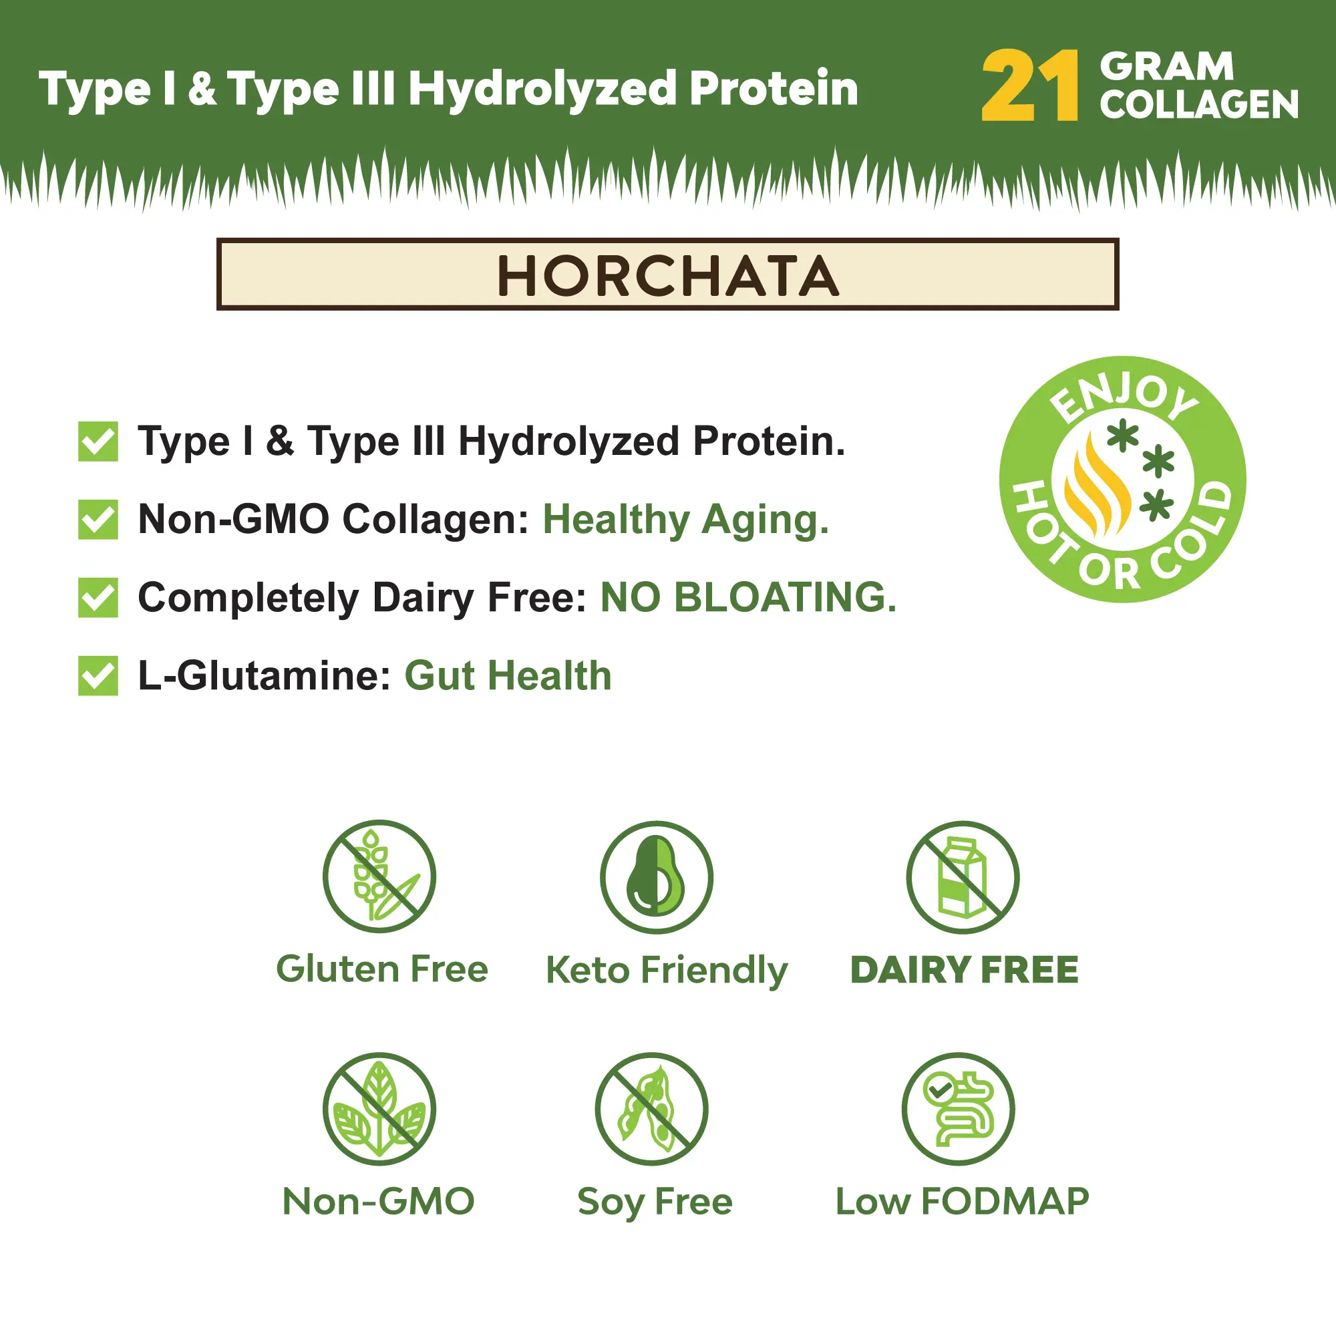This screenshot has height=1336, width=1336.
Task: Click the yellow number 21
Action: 1029,86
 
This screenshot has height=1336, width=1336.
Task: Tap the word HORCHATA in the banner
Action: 668,276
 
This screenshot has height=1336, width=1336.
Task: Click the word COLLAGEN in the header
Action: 1199,104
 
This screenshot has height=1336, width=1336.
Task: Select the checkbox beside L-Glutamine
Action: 98,675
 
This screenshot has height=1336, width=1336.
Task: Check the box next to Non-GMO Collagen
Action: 98,519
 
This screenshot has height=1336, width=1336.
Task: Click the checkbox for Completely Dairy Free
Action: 98,597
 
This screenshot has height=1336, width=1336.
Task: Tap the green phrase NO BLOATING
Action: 748,597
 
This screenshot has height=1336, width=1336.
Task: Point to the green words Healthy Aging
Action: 685,520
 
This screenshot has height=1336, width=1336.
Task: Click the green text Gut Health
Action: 508,675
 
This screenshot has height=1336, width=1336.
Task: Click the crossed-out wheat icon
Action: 379,877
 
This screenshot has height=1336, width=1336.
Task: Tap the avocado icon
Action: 656,877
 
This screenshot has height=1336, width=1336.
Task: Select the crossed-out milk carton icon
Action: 963,877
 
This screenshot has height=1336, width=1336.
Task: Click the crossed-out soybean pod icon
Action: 651,1109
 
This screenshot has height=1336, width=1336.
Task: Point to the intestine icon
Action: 959,1109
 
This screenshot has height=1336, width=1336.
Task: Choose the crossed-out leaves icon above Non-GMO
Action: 379,1109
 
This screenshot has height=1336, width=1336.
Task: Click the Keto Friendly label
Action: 667,971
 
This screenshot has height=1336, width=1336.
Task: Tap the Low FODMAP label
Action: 963,1201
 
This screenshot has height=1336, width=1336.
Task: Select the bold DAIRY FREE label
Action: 965,969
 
